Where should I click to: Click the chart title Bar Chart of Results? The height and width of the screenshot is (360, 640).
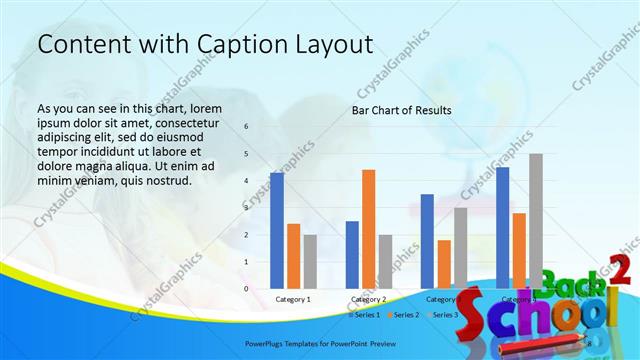(x=400, y=110)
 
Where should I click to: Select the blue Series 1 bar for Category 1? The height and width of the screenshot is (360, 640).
(x=277, y=230)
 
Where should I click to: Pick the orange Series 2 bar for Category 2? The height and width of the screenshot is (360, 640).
(x=369, y=229)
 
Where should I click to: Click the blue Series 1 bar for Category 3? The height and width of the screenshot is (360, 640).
(x=427, y=241)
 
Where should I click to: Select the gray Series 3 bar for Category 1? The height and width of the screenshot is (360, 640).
(x=310, y=261)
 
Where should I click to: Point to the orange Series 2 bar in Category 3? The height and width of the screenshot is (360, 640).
(x=444, y=264)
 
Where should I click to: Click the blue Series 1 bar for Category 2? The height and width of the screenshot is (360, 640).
(x=352, y=254)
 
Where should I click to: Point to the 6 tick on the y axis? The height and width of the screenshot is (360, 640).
(x=247, y=127)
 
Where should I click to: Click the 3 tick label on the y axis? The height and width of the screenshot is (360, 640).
(x=247, y=208)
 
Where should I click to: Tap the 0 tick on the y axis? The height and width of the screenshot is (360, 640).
(x=247, y=289)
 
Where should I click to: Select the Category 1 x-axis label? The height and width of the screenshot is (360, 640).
(x=293, y=299)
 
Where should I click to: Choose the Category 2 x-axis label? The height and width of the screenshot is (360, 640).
(x=369, y=299)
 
